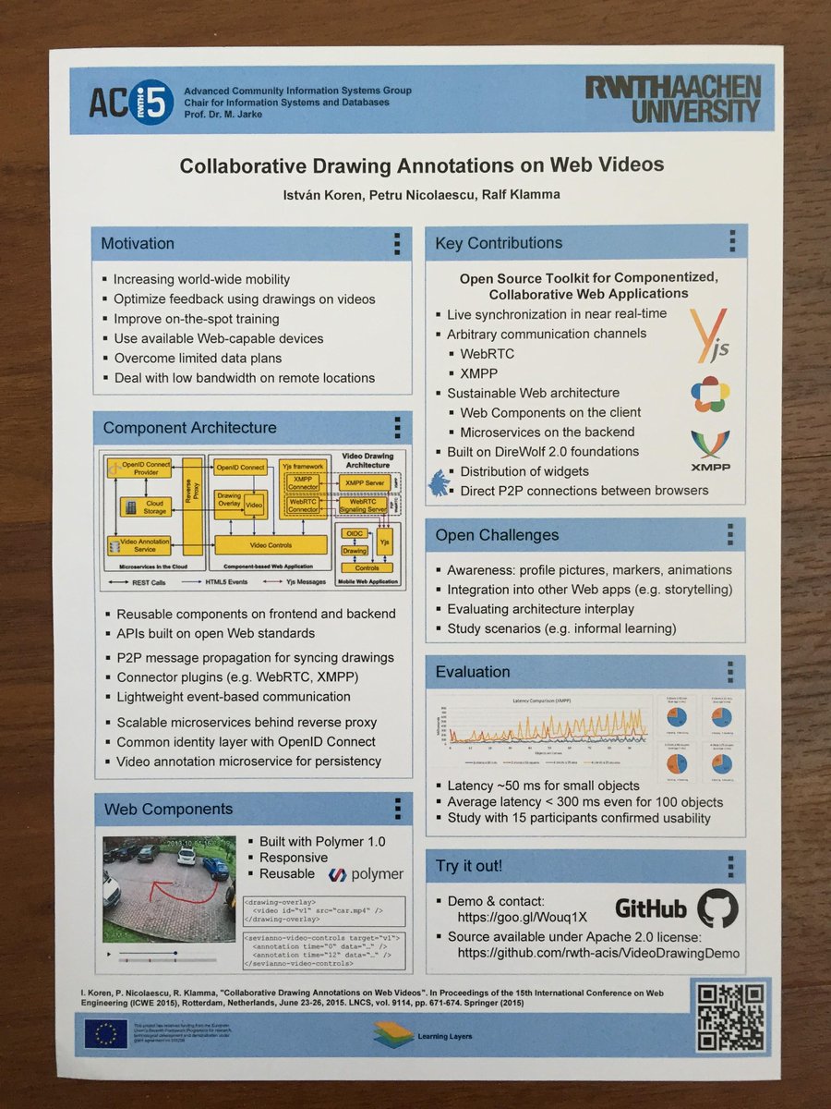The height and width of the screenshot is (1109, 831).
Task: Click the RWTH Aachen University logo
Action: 671,99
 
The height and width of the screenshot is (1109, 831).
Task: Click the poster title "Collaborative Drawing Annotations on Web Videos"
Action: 421,165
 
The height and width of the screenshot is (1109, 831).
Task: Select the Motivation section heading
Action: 138,244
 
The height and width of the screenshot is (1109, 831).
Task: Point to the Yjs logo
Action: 708,337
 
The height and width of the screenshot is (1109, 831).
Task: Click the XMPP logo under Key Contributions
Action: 710,452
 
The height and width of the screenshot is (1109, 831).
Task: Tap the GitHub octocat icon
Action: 717,908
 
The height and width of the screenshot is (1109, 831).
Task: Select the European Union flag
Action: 105,1034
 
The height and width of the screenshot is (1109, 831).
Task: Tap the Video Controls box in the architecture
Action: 271,545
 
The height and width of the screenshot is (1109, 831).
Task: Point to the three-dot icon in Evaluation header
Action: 729,672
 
